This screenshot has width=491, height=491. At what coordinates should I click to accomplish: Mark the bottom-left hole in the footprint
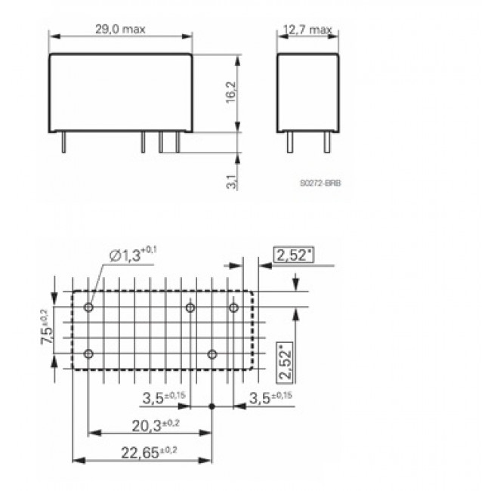89,354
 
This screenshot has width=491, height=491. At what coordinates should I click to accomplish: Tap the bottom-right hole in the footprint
212,354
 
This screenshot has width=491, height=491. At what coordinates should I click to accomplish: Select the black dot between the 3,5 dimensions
212,407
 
